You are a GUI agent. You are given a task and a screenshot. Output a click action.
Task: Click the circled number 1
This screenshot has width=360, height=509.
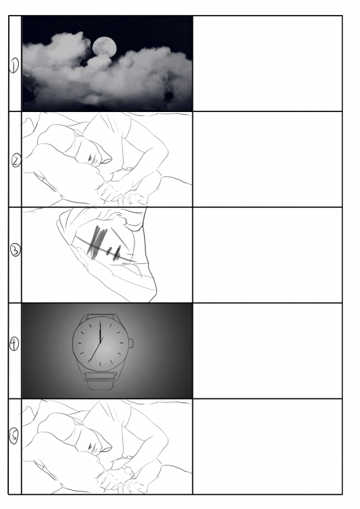click(x=14, y=66)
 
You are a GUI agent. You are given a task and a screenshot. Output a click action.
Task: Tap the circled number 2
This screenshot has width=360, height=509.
click(x=16, y=161)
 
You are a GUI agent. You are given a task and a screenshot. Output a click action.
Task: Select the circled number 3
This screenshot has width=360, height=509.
click(x=16, y=250)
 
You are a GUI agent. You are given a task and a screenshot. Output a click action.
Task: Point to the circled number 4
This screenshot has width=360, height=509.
click(x=14, y=344)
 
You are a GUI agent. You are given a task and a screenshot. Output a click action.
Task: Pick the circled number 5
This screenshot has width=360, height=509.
click(x=14, y=436)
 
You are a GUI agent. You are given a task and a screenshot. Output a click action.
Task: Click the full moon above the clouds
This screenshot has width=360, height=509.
click(x=105, y=46)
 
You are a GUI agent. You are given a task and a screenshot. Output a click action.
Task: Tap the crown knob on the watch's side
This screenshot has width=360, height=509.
click(x=131, y=343)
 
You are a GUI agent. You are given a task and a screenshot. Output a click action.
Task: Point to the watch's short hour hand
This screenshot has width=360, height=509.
click(x=101, y=331)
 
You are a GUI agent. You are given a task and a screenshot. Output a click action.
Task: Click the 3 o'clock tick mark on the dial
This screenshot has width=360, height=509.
click(x=122, y=343)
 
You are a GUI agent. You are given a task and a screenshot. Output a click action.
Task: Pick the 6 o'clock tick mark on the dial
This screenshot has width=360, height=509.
click(x=100, y=364)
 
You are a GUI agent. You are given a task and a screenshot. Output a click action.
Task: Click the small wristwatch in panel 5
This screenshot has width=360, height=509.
click(x=128, y=471)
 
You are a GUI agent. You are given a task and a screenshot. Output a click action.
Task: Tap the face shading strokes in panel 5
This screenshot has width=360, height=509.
click(x=94, y=448)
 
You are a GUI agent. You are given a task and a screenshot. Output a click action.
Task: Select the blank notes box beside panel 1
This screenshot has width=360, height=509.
click(x=268, y=63)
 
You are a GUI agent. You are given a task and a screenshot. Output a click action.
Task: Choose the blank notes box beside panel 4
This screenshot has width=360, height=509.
click(x=268, y=351)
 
